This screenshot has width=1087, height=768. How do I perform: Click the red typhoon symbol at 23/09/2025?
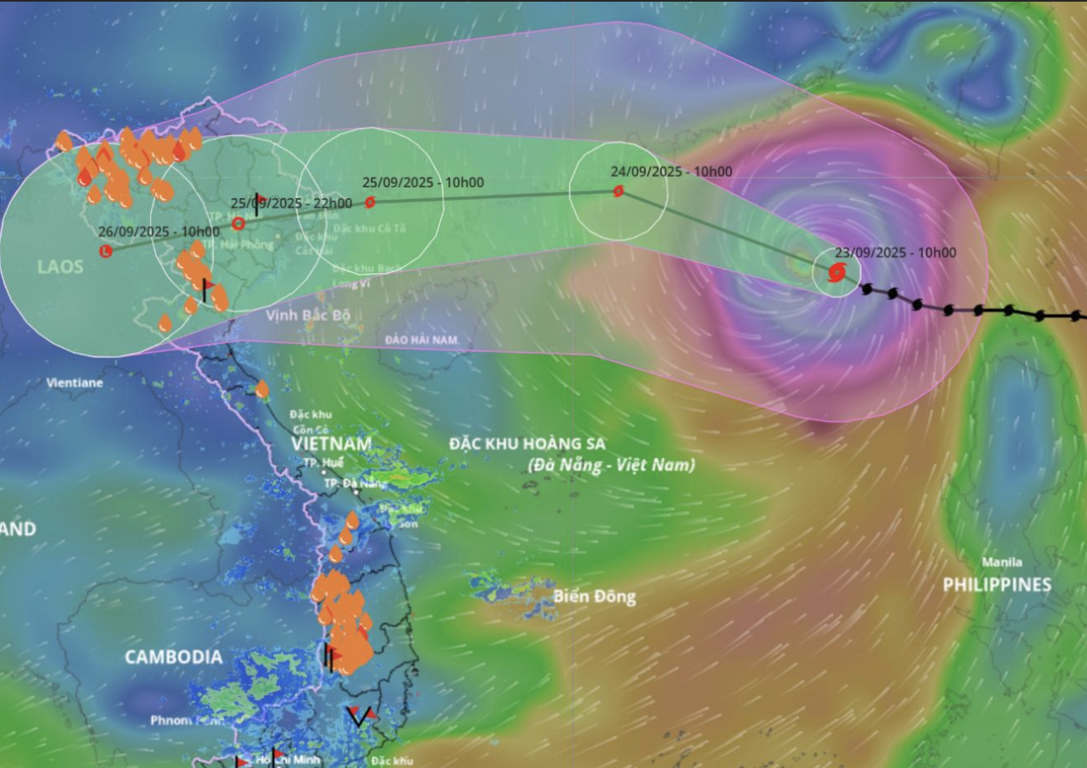pyautogui.click(x=836, y=272)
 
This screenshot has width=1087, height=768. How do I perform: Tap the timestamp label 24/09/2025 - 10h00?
pyautogui.click(x=671, y=172)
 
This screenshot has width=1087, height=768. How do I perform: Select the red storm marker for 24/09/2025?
pyautogui.click(x=619, y=192)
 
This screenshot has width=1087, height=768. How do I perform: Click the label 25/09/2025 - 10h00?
pyautogui.click(x=423, y=183)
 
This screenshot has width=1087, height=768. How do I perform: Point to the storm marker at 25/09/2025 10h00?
pyautogui.click(x=370, y=202)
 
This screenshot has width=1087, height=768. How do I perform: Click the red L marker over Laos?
pyautogui.click(x=106, y=251)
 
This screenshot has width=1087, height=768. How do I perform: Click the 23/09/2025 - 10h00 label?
pyautogui.click(x=896, y=253)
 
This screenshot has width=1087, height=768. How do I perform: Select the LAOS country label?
pyautogui.click(x=60, y=267)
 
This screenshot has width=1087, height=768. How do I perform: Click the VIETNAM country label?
pyautogui.click(x=332, y=444)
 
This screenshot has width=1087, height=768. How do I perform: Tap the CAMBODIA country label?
pyautogui.click(x=173, y=657)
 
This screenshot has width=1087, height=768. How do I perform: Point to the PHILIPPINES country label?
pyautogui.click(x=997, y=585)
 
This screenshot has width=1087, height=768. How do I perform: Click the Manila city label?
pyautogui.click(x=1002, y=561)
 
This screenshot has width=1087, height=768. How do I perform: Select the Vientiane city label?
pyautogui.click(x=75, y=383)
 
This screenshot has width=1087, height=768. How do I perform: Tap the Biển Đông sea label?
pyautogui.click(x=594, y=596)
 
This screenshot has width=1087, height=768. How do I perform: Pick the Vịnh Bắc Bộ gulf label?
pyautogui.click(x=308, y=316)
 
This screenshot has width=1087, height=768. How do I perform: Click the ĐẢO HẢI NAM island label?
pyautogui.click(x=422, y=341)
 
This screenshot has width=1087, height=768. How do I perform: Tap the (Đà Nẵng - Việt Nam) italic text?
pyautogui.click(x=611, y=465)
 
